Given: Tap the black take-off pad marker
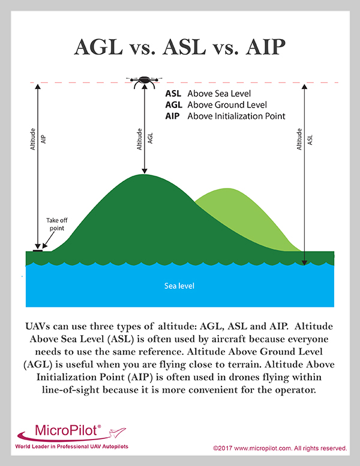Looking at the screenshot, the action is coord(38,249).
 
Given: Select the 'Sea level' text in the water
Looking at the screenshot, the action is coord(179,286).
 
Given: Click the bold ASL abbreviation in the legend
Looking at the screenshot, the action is coord(173,94).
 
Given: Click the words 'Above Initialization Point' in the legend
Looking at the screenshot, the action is coord(236,116).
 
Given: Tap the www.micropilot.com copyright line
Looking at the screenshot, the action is coord(280,448).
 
